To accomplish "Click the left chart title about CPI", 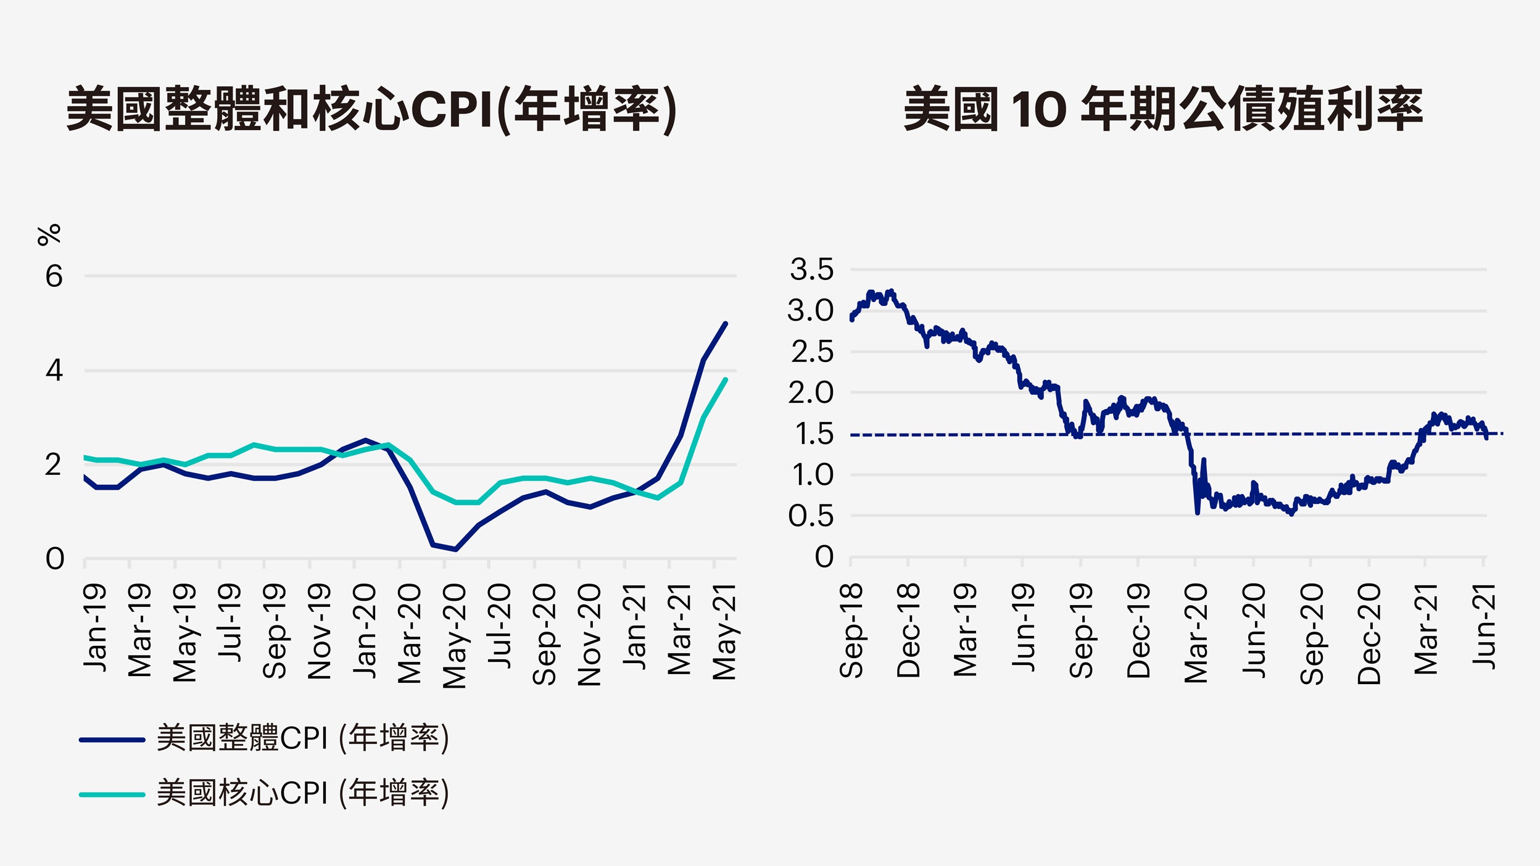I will (371, 109).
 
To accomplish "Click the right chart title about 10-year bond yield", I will (1162, 109).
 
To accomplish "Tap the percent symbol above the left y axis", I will (49, 235).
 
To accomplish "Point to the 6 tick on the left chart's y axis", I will (54, 276).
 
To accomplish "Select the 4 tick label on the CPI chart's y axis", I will (54, 370).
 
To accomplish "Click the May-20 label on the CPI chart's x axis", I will (455, 636).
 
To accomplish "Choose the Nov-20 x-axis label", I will (589, 635).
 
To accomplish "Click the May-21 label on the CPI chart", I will (724, 632).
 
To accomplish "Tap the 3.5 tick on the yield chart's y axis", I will (811, 270).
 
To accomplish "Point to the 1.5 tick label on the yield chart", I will (814, 434).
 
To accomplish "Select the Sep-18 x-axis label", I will (851, 630).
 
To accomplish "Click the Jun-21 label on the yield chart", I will (1484, 627).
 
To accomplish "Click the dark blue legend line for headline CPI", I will (112, 740).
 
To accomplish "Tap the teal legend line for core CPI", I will (112, 794).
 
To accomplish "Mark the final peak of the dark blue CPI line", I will (725, 323).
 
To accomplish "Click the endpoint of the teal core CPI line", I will (726, 379).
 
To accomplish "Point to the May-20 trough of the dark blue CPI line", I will (455, 549).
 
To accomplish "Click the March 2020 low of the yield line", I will (1198, 512).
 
